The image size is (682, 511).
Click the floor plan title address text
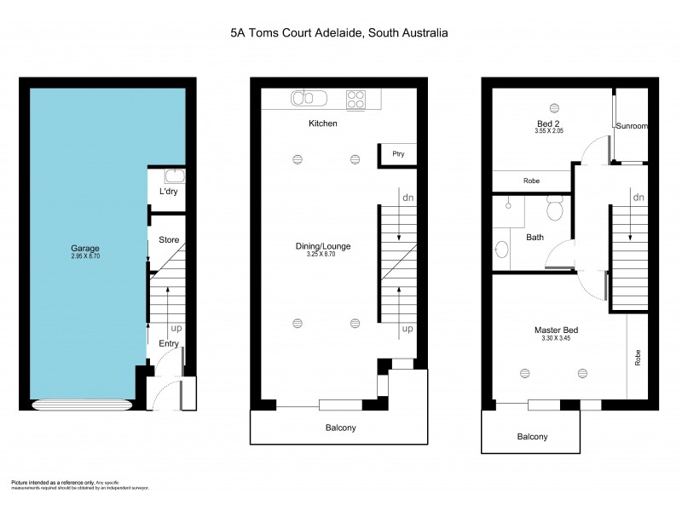tap(339, 33)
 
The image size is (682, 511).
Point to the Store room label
tap(169, 240)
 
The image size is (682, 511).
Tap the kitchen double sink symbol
tap(303, 98)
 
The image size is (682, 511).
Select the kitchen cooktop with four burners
tap(357, 99)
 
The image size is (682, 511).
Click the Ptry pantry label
tap(397, 154)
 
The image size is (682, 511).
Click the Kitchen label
tap(323, 124)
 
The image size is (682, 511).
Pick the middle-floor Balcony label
tap(340, 428)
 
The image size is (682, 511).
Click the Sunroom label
tap(633, 126)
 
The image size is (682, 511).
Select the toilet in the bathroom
tap(555, 207)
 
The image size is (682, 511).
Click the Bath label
tap(535, 238)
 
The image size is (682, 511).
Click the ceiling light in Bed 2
tap(554, 107)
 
